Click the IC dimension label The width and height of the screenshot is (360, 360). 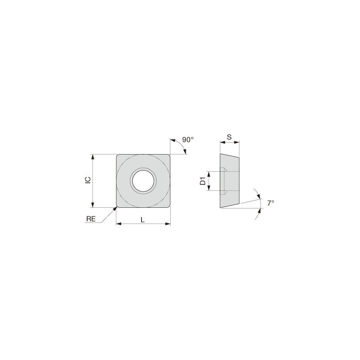[x=87, y=181]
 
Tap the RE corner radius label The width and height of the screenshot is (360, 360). [x=91, y=219]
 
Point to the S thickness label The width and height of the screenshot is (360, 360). [x=229, y=137]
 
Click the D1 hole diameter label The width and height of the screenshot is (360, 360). [x=203, y=181]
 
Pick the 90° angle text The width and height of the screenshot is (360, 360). [x=188, y=140]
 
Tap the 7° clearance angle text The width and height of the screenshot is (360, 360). [x=271, y=203]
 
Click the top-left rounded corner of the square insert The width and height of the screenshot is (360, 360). [x=118, y=157]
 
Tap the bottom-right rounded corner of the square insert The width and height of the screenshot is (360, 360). [x=168, y=206]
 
